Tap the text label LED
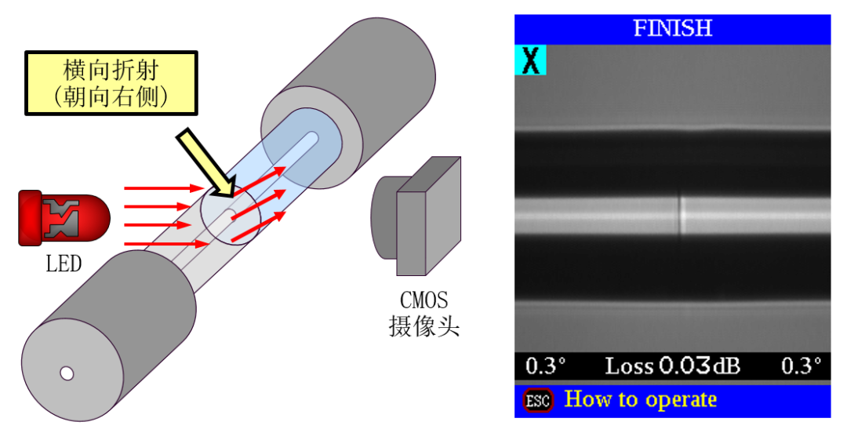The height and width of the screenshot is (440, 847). coord(64,264)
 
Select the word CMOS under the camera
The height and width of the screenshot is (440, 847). coord(424,300)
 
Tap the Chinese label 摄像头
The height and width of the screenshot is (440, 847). coord(424,325)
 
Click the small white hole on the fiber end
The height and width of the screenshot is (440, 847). coord(67,373)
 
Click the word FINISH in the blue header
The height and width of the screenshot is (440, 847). coord(672,29)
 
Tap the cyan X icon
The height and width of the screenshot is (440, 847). coord(531,60)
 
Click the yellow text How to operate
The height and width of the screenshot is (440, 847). coord(640,399)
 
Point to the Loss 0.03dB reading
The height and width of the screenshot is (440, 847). coord(672,365)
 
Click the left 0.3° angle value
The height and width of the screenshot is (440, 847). coord(545,365)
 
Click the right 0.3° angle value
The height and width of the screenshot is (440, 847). coord(801,365)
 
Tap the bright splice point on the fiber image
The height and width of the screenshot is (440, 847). coord(681,214)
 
